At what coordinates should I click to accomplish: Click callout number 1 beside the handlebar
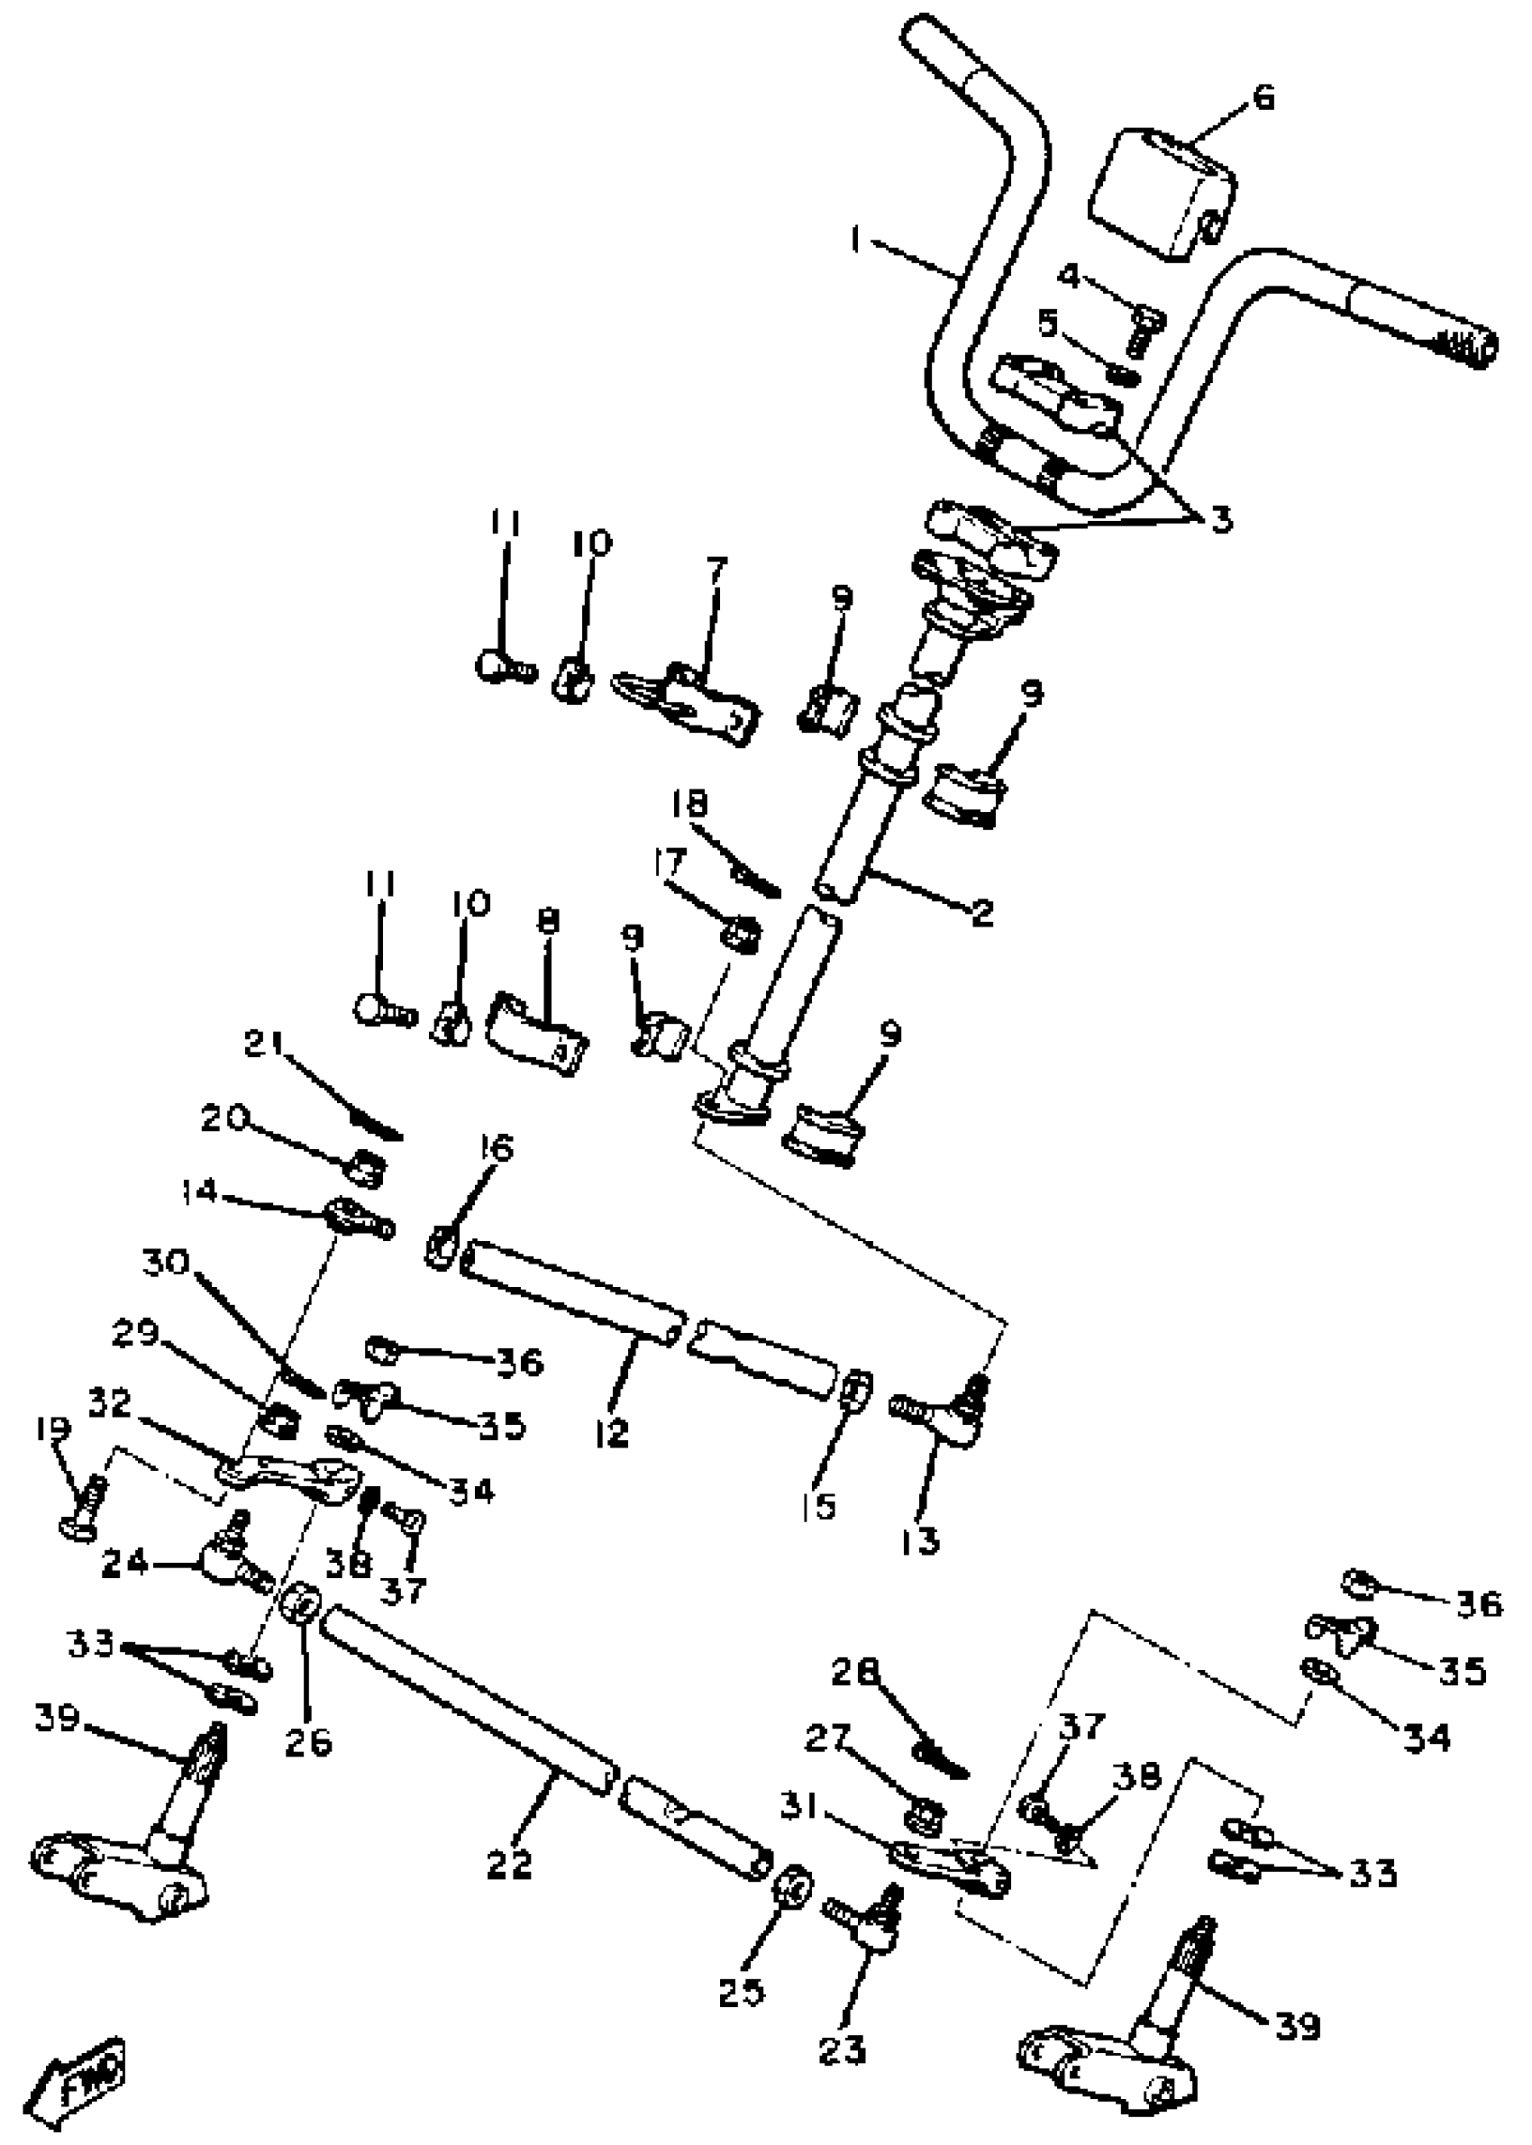[855, 242]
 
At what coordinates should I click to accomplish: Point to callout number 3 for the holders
[1222, 520]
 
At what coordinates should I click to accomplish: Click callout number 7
[717, 570]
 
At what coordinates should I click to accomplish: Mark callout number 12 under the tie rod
[612, 1433]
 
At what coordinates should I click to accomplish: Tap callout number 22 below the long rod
[510, 1864]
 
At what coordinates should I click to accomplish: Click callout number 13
[921, 1541]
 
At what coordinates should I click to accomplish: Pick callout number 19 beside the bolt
[54, 1428]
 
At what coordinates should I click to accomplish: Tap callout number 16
[497, 1149]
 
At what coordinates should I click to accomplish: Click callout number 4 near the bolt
[1069, 276]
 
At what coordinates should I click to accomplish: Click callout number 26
[308, 1741]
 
